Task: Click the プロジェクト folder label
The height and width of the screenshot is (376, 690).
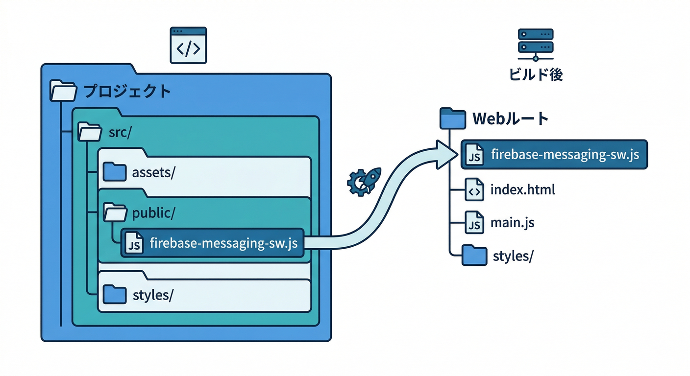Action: click(x=127, y=92)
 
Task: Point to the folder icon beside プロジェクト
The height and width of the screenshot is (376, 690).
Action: click(x=63, y=91)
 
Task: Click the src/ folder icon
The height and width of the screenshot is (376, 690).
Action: click(x=90, y=132)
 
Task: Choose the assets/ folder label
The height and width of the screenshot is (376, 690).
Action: click(x=153, y=173)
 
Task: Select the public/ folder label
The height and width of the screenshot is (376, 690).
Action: click(x=154, y=213)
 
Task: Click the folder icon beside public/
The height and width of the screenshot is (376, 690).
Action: click(x=115, y=212)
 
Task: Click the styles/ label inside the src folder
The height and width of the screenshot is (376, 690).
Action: click(x=153, y=295)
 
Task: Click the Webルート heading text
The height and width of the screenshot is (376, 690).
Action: click(x=510, y=118)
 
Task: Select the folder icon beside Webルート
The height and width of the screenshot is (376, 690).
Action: click(x=452, y=118)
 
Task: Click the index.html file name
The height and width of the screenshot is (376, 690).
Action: click(x=522, y=190)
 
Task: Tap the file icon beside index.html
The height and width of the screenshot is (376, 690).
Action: click(x=474, y=191)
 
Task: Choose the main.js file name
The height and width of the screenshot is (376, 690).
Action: click(x=512, y=223)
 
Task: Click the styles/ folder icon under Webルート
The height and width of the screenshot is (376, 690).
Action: click(x=474, y=256)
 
